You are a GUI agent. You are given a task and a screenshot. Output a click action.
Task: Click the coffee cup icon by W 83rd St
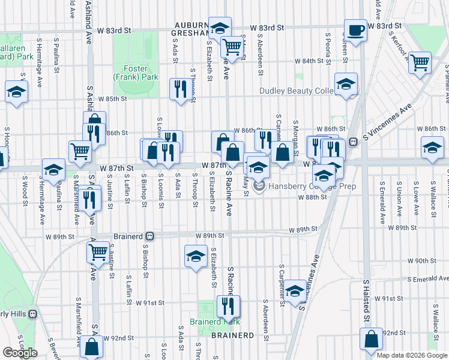point(355,29)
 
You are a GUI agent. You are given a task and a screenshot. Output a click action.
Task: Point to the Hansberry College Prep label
point(312,186)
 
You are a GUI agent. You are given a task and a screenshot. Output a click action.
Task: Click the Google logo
point(19,352)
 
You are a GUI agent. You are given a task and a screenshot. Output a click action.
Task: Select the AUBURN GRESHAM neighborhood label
point(194,29)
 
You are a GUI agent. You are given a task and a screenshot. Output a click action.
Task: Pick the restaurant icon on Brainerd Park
point(228,307)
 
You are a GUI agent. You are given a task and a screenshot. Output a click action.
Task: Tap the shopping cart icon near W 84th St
point(420,62)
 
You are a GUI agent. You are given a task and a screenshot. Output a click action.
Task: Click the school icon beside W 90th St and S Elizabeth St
point(196,257)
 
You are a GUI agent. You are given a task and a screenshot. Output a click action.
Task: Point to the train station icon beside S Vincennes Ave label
point(353,142)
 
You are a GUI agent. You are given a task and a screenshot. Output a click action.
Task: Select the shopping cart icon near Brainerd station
point(98,252)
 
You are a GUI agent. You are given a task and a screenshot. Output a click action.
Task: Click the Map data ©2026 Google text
point(411,355)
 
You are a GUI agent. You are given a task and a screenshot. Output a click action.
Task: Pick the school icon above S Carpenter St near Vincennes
point(295,291)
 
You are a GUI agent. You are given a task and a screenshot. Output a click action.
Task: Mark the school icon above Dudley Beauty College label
point(346,84)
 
